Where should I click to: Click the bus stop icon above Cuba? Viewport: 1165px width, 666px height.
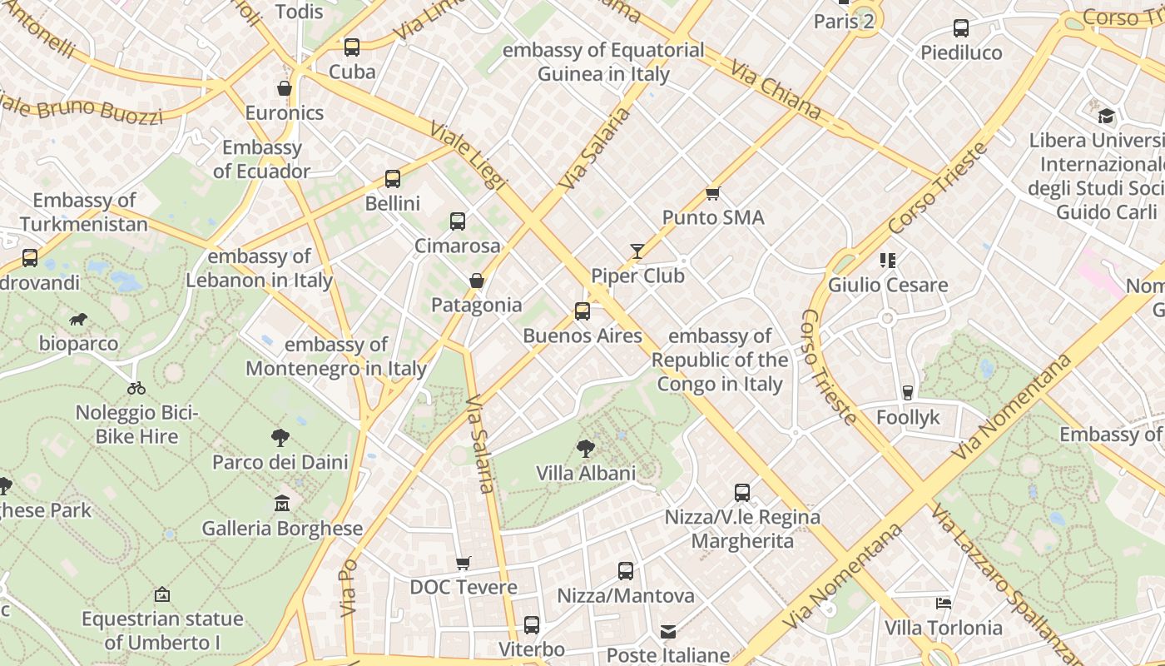coord(352,47)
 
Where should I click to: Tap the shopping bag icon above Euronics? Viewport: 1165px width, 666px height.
coord(285,88)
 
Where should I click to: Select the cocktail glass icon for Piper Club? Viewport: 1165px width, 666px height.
coord(637,251)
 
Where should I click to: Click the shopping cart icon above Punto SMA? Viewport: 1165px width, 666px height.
coord(712,193)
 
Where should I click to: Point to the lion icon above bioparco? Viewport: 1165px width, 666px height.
coord(78,320)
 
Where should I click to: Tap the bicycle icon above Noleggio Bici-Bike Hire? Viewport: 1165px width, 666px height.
coord(136,388)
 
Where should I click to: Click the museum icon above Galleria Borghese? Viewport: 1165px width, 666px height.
coord(282,504)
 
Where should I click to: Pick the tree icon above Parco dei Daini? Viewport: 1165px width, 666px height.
coord(280,438)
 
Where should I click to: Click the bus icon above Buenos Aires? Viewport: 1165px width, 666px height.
coord(582,311)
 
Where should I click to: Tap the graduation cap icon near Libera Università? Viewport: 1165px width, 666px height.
coord(1106,116)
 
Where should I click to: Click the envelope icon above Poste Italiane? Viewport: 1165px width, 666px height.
coord(668,632)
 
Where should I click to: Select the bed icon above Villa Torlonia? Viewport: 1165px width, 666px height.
coord(943,604)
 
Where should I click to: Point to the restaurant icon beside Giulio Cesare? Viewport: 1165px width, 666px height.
coord(888,261)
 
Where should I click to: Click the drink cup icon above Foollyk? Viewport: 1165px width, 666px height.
coord(908,393)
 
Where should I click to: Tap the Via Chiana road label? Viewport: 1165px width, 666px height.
coord(776,89)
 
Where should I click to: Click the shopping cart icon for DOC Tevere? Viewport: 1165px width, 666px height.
coord(464,564)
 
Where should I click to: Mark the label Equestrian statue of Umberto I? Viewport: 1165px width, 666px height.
coord(162,630)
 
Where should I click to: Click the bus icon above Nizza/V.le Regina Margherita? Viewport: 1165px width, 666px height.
coord(742,493)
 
